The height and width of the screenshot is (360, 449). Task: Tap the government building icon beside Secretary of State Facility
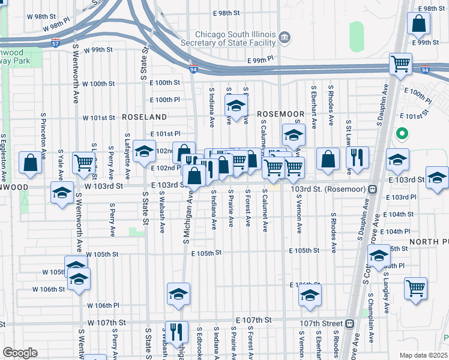pos(285,38)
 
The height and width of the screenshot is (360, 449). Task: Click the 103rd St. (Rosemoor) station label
pos(329,188)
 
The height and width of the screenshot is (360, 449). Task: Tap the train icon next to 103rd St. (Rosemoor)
pos(373,188)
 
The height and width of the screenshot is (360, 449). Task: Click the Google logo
pos(20,352)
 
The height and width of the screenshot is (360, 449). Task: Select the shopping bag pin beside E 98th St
pos(418,24)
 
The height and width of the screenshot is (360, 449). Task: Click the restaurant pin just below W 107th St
pos(176,332)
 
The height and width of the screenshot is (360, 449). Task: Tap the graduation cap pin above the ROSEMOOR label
pos(237,106)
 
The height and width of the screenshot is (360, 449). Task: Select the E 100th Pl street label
pos(164,100)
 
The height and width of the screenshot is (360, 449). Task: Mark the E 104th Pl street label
pos(398,231)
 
